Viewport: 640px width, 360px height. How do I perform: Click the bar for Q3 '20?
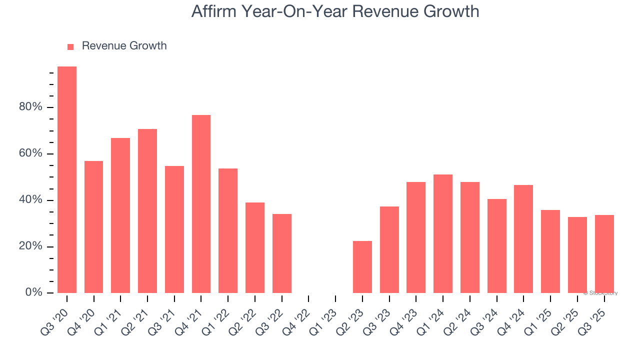[67, 179]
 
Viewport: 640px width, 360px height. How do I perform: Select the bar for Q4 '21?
[201, 204]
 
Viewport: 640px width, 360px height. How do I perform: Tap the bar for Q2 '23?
[362, 267]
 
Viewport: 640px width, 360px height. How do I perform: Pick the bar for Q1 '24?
[443, 233]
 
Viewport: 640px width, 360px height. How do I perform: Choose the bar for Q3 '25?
[604, 254]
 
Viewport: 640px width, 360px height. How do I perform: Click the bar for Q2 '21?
[147, 211]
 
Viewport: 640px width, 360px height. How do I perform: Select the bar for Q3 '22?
[281, 253]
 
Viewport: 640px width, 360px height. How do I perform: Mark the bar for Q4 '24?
[523, 239]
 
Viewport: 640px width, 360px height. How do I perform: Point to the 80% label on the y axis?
[30, 107]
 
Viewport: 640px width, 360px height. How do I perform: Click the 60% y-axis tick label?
[30, 153]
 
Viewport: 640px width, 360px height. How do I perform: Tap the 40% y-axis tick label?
[30, 200]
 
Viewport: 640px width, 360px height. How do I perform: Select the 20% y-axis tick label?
[30, 246]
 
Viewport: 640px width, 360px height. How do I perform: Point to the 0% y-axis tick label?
[33, 292]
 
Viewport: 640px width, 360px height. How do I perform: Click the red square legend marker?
[70, 46]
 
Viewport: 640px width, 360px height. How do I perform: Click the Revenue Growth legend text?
[124, 46]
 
